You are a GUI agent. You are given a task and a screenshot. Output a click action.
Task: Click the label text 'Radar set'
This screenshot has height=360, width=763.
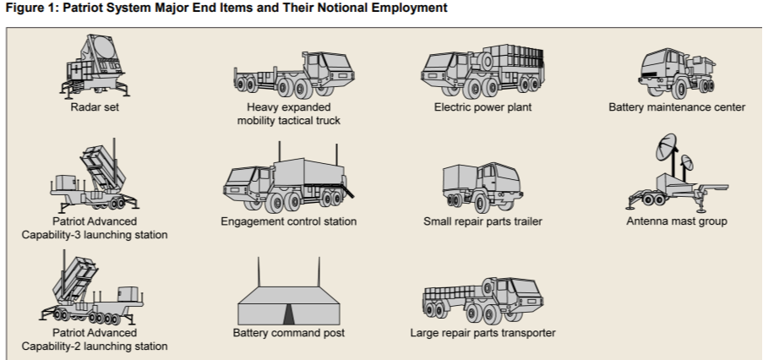click(x=95, y=108)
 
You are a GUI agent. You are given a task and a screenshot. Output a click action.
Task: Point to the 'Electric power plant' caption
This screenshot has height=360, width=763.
click(x=482, y=108)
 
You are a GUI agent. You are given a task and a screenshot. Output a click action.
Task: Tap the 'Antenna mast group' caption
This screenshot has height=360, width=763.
click(x=677, y=221)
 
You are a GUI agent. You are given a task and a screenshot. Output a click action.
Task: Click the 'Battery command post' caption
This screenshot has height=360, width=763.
click(x=287, y=333)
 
